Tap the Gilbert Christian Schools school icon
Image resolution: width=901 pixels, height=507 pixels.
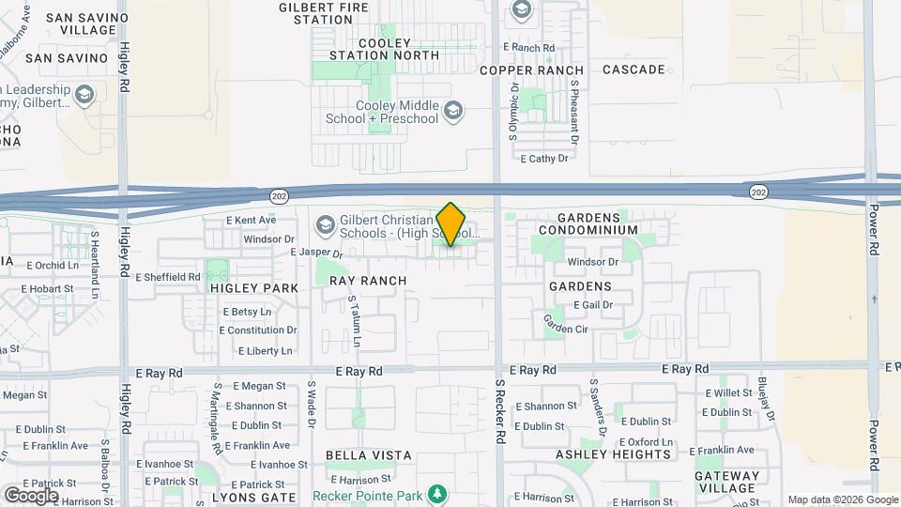point(325,225)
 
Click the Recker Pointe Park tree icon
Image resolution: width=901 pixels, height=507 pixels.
point(435,494)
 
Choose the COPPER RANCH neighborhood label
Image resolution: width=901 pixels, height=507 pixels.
point(531,70)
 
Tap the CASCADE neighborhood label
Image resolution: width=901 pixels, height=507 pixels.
point(634,69)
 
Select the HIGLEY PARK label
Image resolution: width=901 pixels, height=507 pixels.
point(254,288)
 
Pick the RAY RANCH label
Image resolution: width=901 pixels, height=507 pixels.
point(368,281)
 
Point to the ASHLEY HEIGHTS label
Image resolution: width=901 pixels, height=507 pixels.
point(614,454)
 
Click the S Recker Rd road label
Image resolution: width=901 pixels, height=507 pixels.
point(500,411)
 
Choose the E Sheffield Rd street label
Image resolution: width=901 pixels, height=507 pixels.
point(169,277)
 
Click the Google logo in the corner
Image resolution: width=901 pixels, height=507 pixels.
point(31,495)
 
